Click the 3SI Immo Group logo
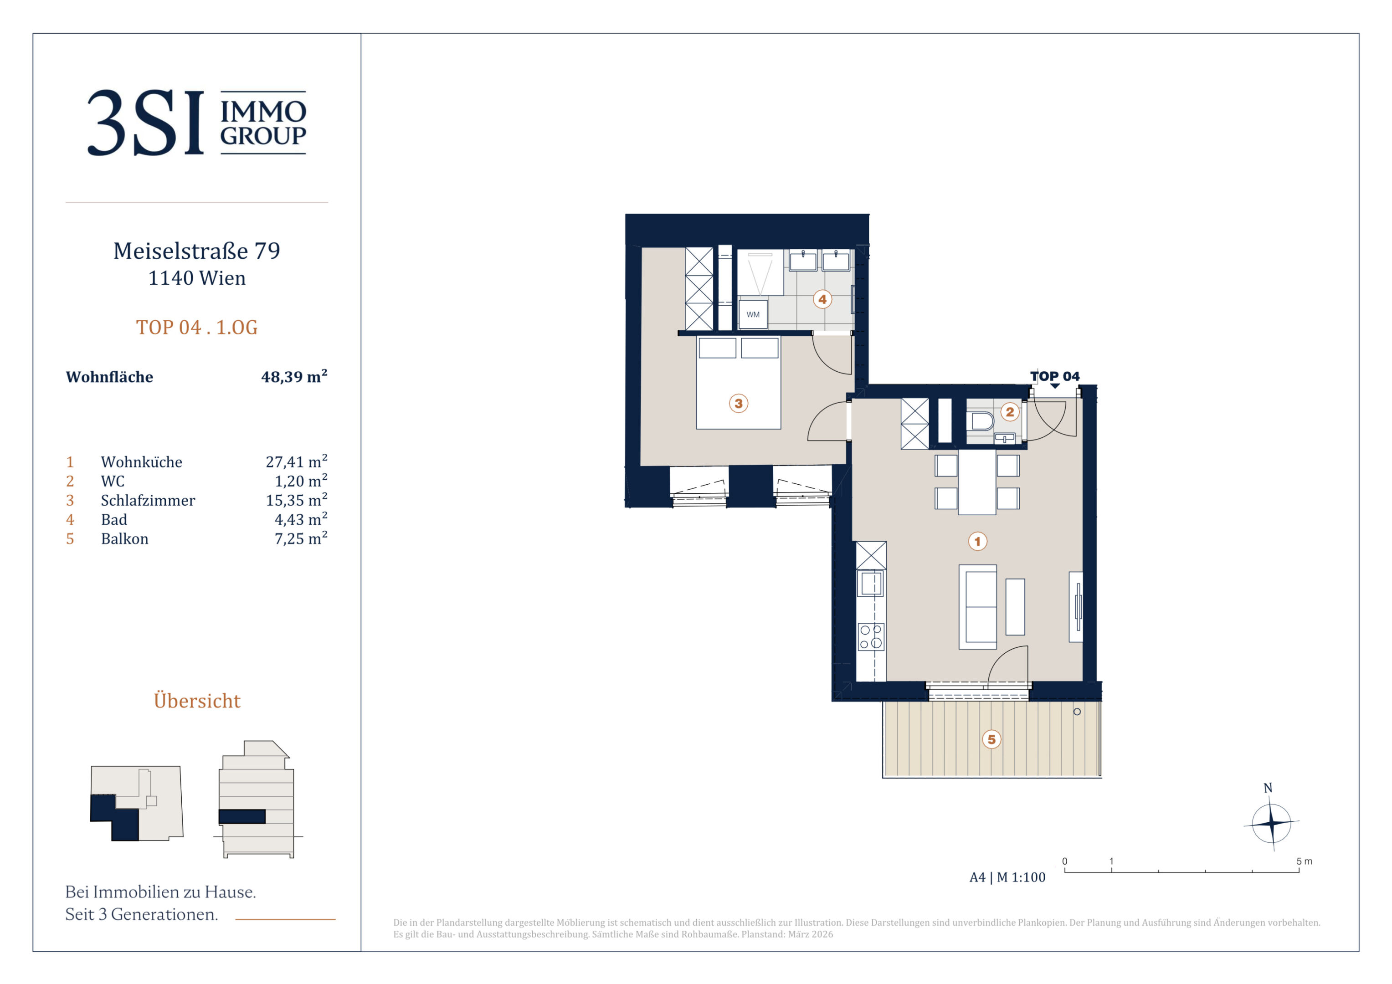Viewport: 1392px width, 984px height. pyautogui.click(x=196, y=123)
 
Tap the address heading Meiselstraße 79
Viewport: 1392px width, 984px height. pyautogui.click(x=196, y=251)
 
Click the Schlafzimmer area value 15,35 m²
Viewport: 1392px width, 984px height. pyautogui.click(x=297, y=500)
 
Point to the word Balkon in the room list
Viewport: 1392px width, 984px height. pyautogui.click(x=124, y=538)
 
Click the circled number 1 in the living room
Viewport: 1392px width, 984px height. pyautogui.click(x=977, y=541)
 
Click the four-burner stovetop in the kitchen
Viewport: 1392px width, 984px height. pyautogui.click(x=871, y=636)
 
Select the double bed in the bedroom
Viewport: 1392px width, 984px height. pyautogui.click(x=739, y=383)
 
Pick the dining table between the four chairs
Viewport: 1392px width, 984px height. pyautogui.click(x=977, y=482)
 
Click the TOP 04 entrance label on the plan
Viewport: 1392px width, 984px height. pyautogui.click(x=1055, y=376)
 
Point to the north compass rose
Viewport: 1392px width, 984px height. pyautogui.click(x=1271, y=823)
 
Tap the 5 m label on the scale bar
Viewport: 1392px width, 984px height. pyautogui.click(x=1304, y=861)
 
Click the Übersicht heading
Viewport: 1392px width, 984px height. pyautogui.click(x=197, y=701)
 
